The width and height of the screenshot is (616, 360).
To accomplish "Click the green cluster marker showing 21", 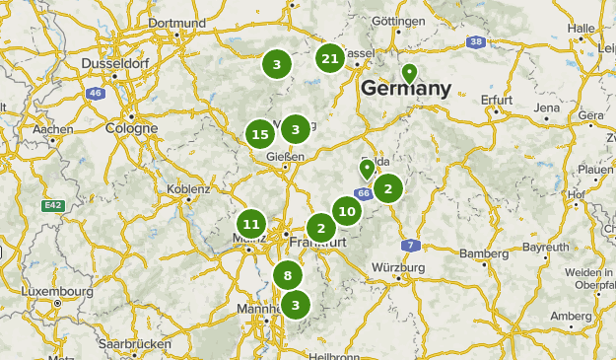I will [330, 59].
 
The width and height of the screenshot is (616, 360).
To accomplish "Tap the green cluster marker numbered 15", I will [260, 134].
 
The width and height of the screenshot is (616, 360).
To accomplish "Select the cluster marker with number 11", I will [251, 224].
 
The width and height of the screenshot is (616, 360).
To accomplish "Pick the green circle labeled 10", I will [346, 210].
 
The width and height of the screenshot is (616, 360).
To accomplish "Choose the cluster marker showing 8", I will [287, 276].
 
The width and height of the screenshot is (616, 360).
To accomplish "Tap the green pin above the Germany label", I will [409, 73].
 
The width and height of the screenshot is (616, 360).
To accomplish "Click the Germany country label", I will [406, 89].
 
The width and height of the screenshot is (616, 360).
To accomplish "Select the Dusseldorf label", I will [113, 61].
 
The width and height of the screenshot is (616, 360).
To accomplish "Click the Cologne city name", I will [131, 128].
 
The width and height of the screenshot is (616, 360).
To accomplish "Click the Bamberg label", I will [484, 253].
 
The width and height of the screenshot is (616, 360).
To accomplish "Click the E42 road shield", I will [53, 205].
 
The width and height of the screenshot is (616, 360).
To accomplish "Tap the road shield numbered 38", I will [477, 41].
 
